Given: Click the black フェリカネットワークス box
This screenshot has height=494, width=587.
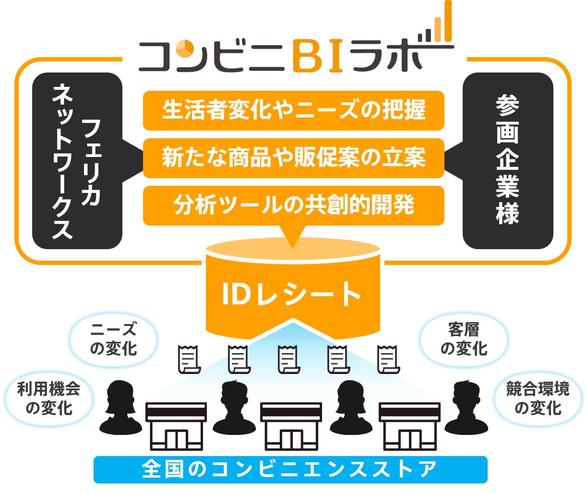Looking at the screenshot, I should pyautogui.click(x=77, y=161).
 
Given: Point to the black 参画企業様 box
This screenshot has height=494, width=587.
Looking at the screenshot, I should pyautogui.click(x=507, y=161).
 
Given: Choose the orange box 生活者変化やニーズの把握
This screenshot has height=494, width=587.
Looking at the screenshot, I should pyautogui.click(x=293, y=110).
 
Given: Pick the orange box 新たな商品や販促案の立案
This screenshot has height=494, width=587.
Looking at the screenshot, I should pyautogui.click(x=293, y=158).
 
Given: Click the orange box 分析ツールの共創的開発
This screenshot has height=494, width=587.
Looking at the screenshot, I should pyautogui.click(x=293, y=205).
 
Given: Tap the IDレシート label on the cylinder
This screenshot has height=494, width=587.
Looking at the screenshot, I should pyautogui.click(x=292, y=294).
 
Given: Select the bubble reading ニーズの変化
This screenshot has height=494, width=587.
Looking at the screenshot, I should pyautogui.click(x=114, y=339).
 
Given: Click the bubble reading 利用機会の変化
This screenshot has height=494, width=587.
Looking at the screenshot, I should pyautogui.click(x=49, y=398).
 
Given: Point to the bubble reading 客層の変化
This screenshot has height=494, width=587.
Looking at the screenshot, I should pyautogui.click(x=464, y=339).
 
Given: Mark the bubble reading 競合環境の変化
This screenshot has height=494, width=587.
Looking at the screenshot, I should pyautogui.click(x=538, y=398).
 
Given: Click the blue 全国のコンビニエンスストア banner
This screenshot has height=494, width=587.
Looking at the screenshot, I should pyautogui.click(x=290, y=469).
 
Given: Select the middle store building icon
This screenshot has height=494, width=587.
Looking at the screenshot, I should pyautogui.click(x=290, y=426).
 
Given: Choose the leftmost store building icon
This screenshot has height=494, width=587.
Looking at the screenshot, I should pyautogui.click(x=176, y=426).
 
